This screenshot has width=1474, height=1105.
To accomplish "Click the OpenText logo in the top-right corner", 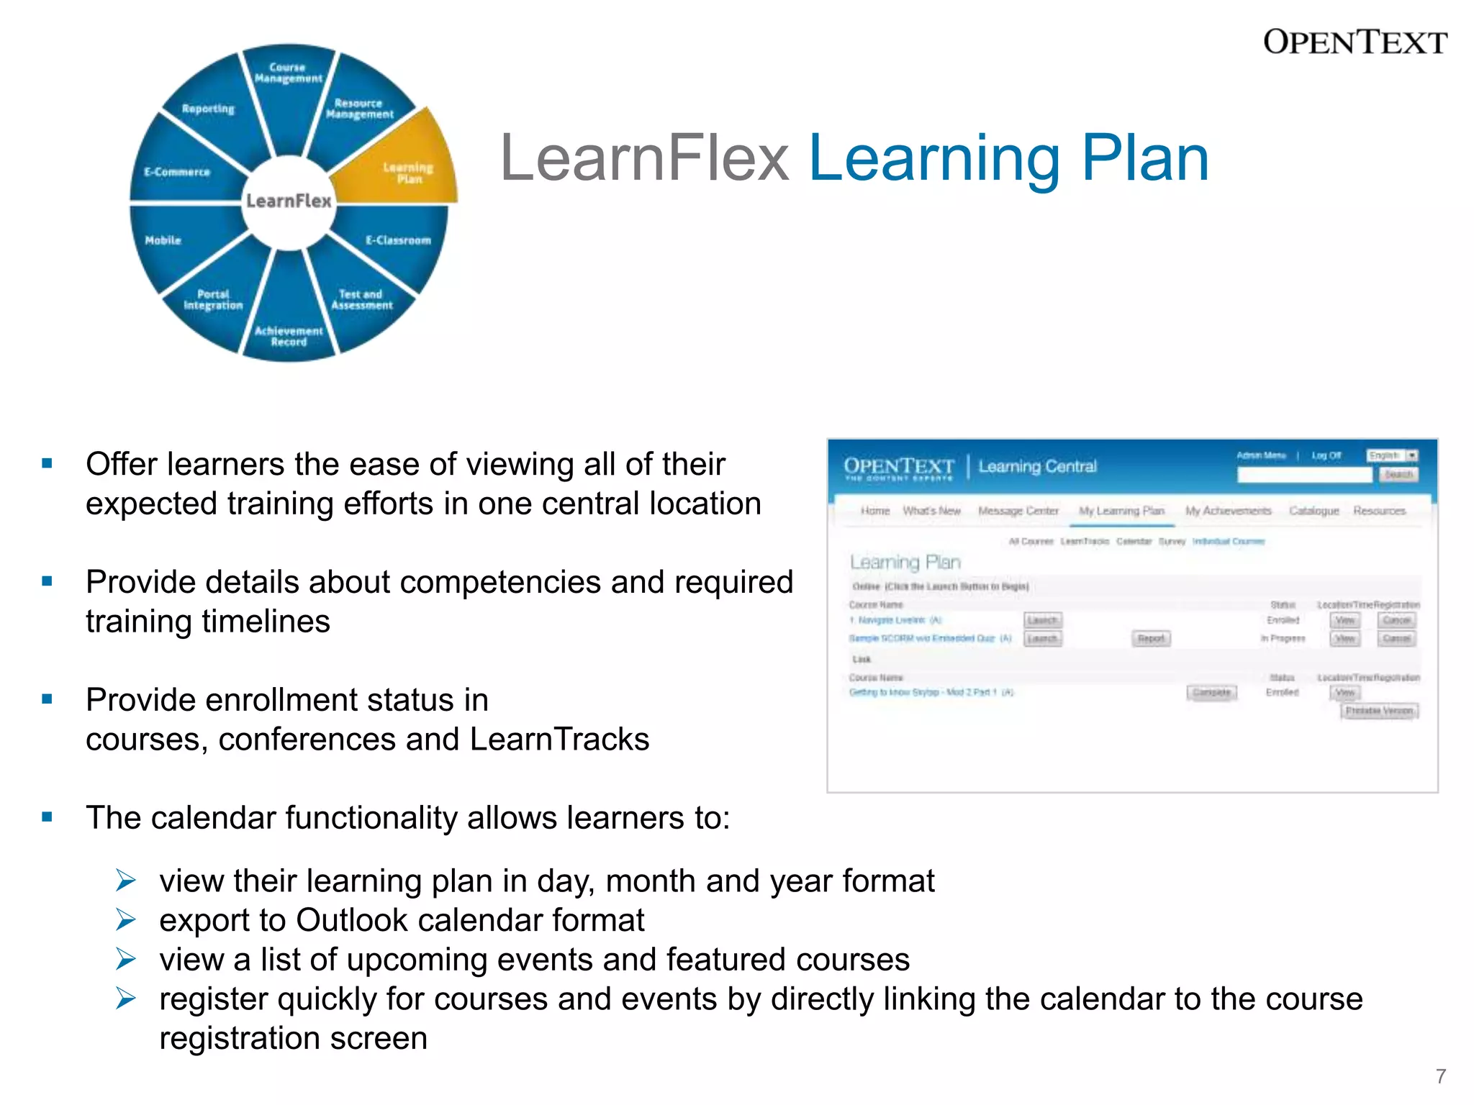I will (1355, 42).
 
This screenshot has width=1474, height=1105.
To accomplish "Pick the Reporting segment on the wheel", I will (208, 115).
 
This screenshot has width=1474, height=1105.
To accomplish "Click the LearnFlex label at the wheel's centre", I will (289, 201).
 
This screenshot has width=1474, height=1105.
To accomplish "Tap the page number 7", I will (1441, 1076).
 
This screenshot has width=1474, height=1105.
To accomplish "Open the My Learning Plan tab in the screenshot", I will (1121, 511).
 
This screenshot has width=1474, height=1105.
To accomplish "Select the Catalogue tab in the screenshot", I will (1314, 511).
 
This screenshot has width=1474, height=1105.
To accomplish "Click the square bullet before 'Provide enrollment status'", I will (48, 699).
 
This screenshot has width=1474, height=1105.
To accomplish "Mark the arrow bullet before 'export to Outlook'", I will (126, 919).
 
